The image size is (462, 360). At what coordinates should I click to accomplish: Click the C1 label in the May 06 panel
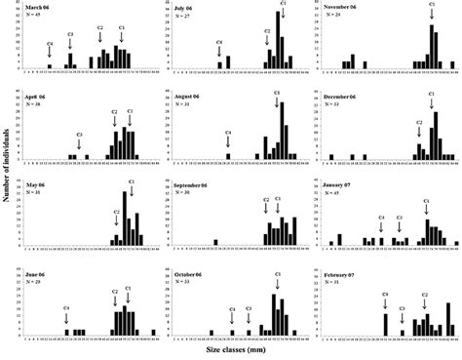(125, 179)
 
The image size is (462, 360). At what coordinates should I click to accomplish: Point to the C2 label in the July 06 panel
(267, 31)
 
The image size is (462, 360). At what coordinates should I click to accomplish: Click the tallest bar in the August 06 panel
(282, 130)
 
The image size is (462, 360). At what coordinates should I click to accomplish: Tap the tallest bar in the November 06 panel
(432, 47)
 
